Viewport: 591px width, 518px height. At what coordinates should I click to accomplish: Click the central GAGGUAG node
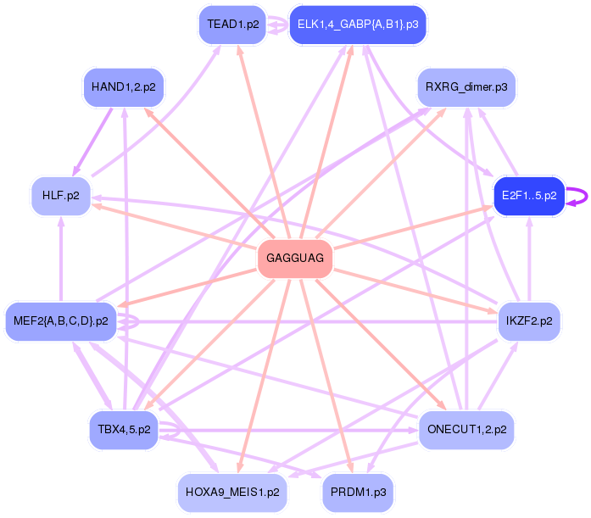click(x=294, y=259)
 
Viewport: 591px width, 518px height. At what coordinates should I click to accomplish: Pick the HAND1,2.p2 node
click(x=124, y=86)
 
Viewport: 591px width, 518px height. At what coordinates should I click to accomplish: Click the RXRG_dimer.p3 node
click(x=466, y=86)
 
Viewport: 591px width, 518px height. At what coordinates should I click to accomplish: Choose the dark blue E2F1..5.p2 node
click(x=529, y=195)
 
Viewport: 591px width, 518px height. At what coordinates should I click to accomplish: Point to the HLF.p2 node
click(x=60, y=195)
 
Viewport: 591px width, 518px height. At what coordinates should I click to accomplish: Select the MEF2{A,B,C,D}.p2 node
click(x=60, y=320)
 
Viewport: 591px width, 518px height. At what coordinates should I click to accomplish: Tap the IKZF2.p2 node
click(x=529, y=320)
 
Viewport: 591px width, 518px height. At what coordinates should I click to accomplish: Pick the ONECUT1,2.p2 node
click(x=466, y=429)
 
